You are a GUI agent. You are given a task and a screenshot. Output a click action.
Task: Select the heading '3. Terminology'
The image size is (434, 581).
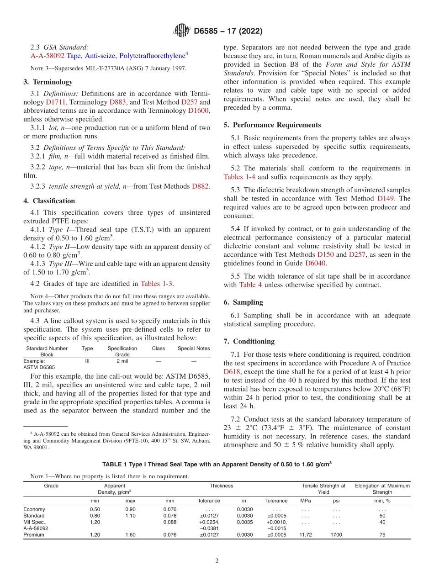point(48,82)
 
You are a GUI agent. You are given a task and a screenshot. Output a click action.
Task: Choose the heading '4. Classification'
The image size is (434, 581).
point(49,201)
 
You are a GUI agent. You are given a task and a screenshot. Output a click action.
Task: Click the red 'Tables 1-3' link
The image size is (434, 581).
point(157,284)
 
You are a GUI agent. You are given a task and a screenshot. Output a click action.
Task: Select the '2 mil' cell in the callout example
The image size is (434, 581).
point(122,361)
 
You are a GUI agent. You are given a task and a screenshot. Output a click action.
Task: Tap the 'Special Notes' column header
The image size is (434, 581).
point(194,349)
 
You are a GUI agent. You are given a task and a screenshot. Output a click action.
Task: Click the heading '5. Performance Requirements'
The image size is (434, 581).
point(272,125)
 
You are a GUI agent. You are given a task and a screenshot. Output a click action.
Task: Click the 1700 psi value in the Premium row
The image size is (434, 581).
point(336,535)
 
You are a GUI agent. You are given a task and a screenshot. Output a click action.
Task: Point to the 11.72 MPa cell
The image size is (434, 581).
point(306,535)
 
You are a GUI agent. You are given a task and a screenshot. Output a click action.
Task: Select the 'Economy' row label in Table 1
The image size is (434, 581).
point(34,509)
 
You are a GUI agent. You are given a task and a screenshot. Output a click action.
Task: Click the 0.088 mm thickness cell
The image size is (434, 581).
point(169,522)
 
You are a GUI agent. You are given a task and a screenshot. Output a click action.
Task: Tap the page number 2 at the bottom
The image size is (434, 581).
point(217,561)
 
